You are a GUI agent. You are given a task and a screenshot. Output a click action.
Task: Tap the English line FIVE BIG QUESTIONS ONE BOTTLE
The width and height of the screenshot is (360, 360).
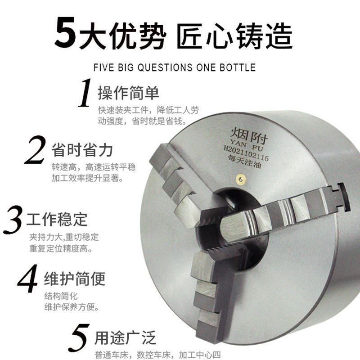174,68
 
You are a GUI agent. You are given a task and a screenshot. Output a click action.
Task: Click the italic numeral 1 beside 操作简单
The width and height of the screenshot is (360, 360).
85,94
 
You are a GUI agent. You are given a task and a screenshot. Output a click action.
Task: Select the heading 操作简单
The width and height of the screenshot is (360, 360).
128,93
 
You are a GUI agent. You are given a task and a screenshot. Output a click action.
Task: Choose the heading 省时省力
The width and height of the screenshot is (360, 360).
82,150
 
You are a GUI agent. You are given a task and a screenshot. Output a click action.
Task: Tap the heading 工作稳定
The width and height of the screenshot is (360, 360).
57,220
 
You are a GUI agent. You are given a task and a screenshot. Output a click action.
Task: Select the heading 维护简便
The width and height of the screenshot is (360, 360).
74,278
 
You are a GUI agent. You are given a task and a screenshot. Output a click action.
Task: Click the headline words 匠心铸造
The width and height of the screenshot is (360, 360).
234,34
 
